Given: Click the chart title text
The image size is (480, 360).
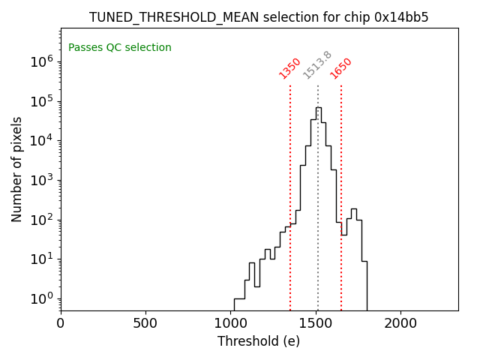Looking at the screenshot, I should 259,17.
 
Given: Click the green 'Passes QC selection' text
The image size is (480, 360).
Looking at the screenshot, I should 120,48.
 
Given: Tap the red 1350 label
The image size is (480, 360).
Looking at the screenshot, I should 289,68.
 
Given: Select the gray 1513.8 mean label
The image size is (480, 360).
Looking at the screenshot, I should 317,65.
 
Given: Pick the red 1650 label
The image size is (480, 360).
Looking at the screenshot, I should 341,68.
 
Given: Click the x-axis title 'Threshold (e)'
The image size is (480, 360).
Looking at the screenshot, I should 259,341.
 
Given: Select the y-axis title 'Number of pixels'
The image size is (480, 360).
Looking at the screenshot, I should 17,169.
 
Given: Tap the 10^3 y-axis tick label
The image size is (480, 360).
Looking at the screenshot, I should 41,181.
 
